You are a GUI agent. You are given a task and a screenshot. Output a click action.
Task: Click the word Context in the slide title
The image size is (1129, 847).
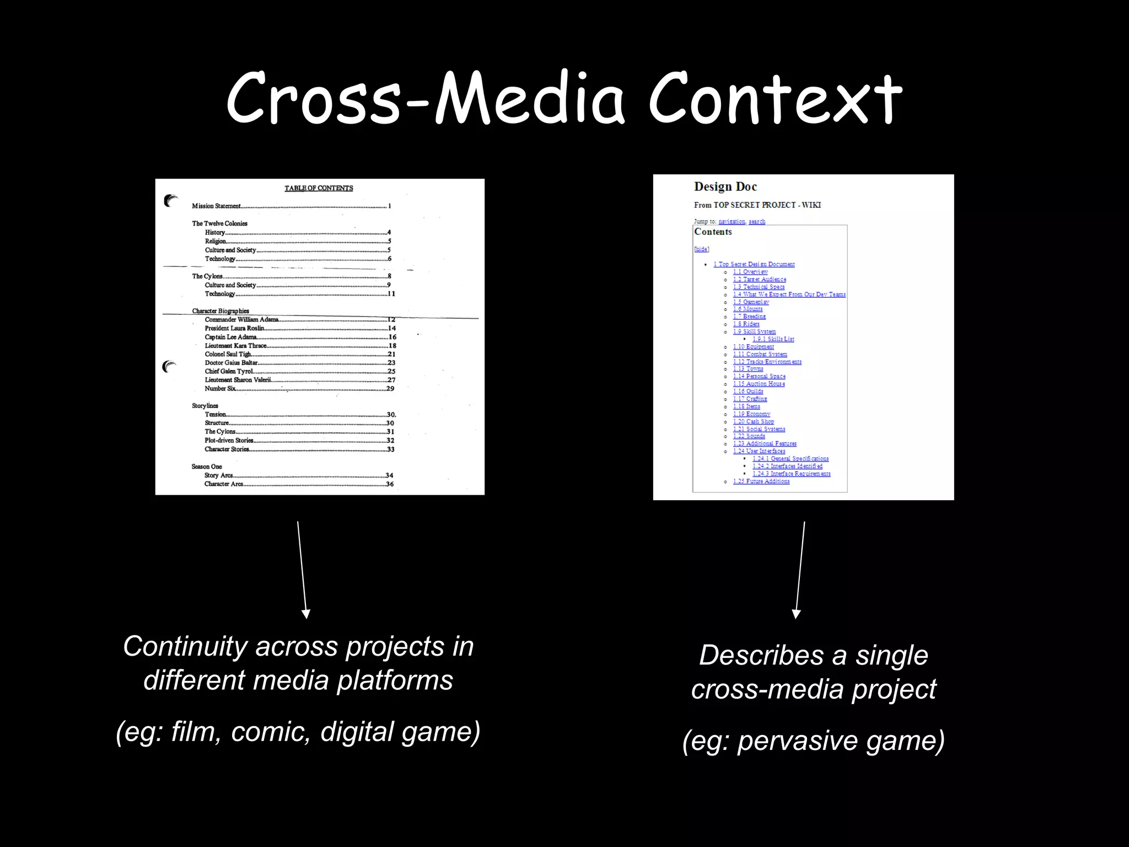click(775, 99)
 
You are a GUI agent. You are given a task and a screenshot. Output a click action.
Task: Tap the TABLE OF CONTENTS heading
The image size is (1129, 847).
click(319, 188)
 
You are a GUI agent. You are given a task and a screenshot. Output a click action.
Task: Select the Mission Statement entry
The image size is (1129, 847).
click(217, 206)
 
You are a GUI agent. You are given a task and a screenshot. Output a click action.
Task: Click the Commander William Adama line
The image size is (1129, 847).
click(242, 320)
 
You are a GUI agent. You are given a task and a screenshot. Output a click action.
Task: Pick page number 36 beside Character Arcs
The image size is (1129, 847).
click(390, 484)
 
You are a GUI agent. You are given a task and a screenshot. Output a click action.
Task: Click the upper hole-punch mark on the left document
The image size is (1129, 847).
click(171, 201)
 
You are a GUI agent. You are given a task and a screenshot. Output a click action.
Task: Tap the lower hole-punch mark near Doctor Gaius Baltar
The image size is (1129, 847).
click(170, 366)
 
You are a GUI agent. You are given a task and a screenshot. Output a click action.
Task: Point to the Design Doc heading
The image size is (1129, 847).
click(725, 187)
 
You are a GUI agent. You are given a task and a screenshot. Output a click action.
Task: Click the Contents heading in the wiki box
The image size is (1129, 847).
click(713, 232)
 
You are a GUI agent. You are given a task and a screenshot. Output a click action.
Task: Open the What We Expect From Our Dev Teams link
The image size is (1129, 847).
click(789, 294)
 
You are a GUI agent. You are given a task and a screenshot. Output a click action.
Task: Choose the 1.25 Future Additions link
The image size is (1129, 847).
click(761, 481)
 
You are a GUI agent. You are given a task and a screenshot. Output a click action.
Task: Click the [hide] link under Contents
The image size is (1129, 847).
click(701, 249)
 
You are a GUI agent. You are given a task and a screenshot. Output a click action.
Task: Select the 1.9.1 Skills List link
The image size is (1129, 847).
click(773, 339)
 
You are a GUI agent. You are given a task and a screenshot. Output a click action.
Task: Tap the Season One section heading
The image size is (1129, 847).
click(207, 467)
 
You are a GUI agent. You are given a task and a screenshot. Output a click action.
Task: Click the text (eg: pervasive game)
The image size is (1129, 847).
click(813, 740)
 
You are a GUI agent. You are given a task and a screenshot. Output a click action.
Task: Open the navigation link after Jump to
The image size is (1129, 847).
click(732, 222)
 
